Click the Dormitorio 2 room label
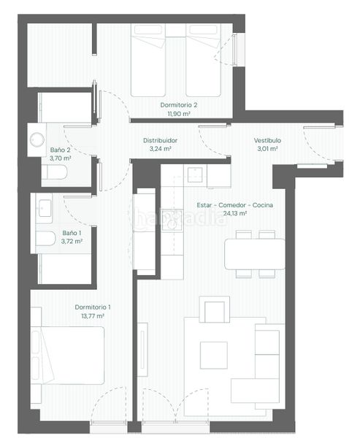179,105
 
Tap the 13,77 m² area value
93,316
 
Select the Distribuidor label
160,140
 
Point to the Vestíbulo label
267,140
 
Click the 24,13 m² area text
235,214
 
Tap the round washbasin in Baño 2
37,139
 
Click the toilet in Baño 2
54,172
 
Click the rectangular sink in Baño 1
45,208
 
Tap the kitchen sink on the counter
195,174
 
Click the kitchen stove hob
172,220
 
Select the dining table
255,254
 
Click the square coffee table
213,355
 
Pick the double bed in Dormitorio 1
67,356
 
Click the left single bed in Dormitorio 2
148,60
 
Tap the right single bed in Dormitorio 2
203,60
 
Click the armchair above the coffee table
215,310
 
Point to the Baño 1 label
72,233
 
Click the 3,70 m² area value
61,158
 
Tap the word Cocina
263,205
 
